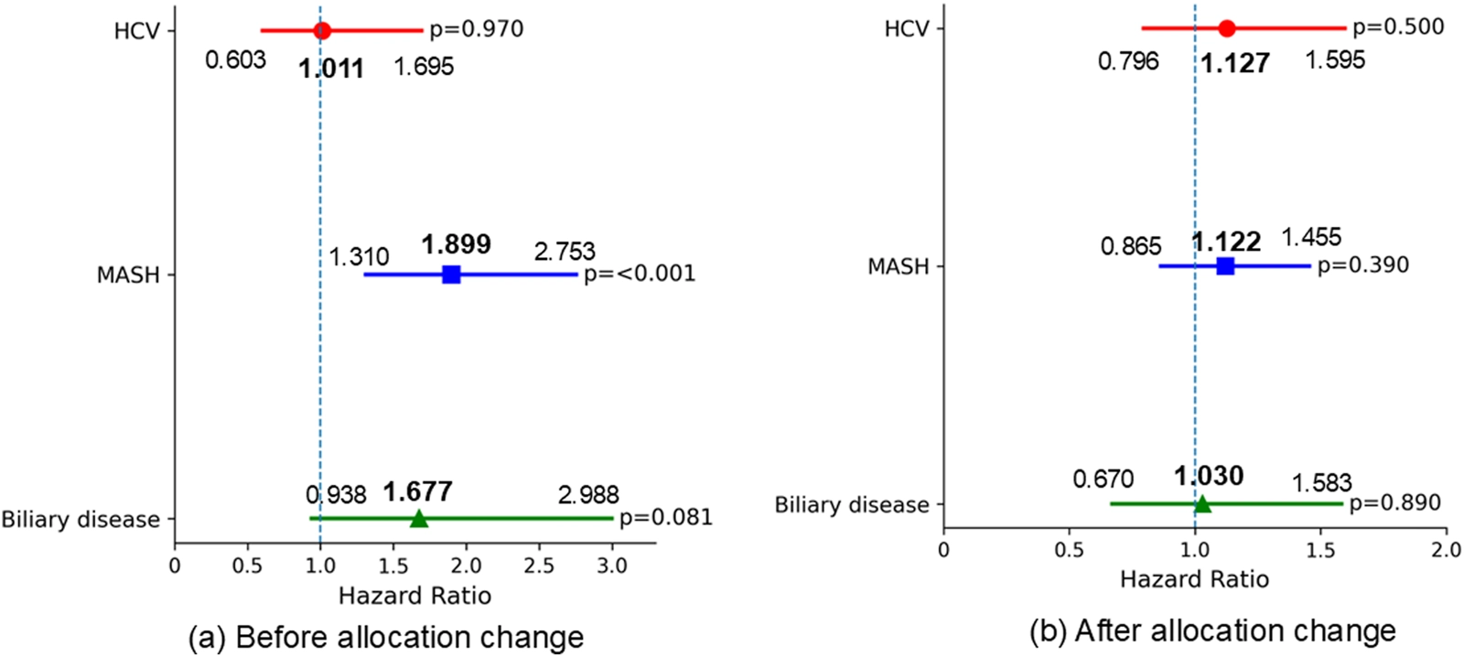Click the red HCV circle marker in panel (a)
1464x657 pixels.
(322, 30)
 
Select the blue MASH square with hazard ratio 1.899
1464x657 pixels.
(451, 275)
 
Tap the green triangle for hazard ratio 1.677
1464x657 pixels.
(419, 519)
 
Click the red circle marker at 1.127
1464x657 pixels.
(1227, 28)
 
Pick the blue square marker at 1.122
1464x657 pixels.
(1225, 266)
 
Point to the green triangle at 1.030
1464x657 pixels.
(1202, 503)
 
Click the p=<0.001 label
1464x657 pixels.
(640, 274)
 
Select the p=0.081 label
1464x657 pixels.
(665, 518)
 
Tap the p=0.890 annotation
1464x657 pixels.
(1394, 503)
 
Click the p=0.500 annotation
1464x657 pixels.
(1398, 27)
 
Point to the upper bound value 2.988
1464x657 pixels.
(588, 495)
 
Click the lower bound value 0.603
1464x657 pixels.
(235, 60)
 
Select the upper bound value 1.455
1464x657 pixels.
(1311, 238)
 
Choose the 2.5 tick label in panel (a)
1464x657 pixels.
(539, 566)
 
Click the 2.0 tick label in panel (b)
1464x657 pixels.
(1446, 551)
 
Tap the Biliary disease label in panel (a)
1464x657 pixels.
(81, 520)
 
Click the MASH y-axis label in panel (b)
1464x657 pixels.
(898, 267)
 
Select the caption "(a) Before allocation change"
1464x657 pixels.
(385, 637)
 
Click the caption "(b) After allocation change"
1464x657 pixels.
(1212, 630)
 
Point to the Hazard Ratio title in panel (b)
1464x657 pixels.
(1194, 579)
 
